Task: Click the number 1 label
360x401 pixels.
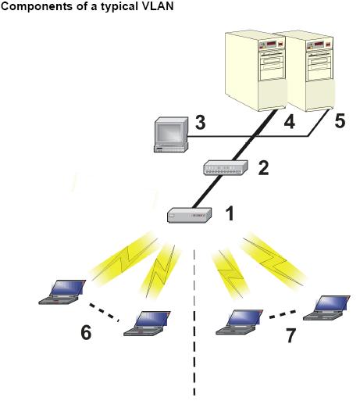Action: tap(230, 213)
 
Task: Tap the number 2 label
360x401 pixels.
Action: tap(263, 168)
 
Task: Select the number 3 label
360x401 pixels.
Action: tap(200, 122)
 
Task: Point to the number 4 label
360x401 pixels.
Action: tap(290, 122)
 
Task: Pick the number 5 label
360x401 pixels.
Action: tap(340, 120)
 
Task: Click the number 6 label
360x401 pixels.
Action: tap(86, 332)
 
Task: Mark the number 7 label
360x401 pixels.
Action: tap(290, 335)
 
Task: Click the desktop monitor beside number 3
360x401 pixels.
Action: tap(171, 134)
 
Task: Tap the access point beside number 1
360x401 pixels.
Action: tap(189, 215)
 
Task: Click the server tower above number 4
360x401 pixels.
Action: tap(255, 71)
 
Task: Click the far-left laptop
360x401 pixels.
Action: tap(62, 292)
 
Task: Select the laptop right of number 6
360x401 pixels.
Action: tap(147, 324)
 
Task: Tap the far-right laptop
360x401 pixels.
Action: tap(326, 308)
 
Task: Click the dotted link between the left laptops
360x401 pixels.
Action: tap(104, 312)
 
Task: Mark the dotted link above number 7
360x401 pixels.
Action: tap(283, 314)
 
